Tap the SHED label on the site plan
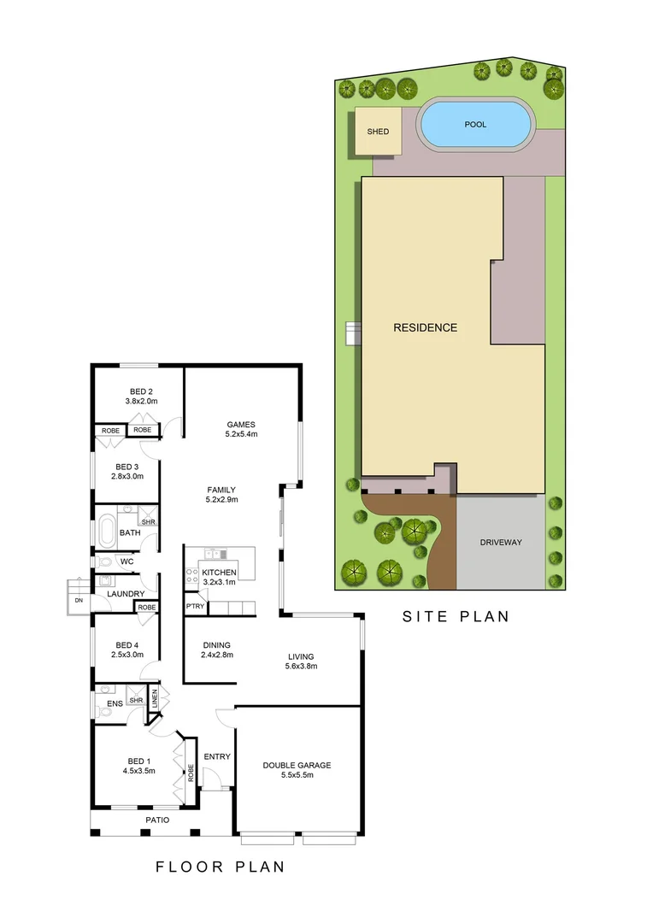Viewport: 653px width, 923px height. [x=378, y=132]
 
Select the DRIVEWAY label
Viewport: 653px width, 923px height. [x=500, y=542]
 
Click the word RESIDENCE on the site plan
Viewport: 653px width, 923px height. [x=425, y=327]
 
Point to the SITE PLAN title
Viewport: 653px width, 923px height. [x=456, y=616]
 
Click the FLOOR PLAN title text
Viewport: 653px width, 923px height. [x=220, y=867]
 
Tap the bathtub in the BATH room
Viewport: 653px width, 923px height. [x=107, y=532]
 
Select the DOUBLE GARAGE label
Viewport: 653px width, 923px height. [x=297, y=765]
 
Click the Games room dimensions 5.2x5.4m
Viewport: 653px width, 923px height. [x=241, y=434]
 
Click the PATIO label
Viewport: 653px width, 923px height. [x=156, y=820]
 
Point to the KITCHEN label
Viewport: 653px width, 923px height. [x=219, y=572]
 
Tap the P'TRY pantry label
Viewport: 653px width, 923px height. [x=194, y=607]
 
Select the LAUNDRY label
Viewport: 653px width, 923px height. [x=126, y=593]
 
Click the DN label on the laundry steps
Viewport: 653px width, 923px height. [x=78, y=600]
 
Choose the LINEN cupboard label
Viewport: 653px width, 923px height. [x=155, y=698]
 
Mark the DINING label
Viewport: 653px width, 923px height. [x=216, y=645]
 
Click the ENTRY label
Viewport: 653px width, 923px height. [x=217, y=756]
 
